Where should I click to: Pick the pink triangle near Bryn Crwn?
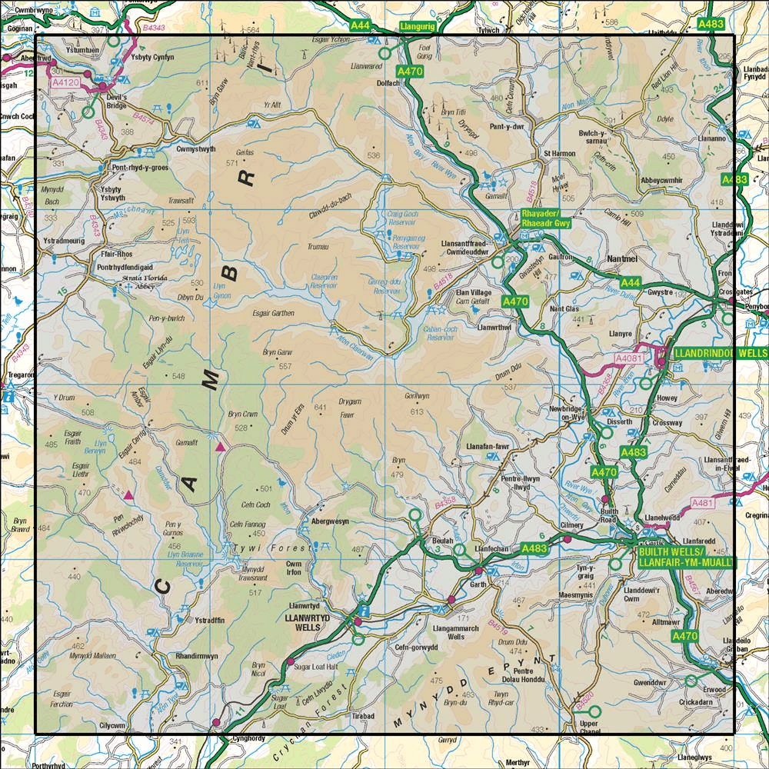pyautogui.click(x=221, y=447)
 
